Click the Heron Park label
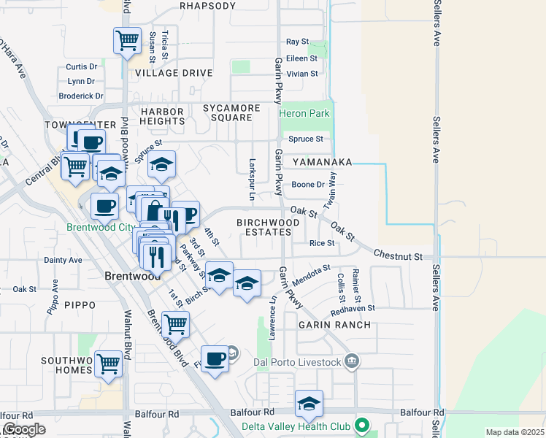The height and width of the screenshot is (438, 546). click(x=304, y=113)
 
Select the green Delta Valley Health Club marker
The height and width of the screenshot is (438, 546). click(x=361, y=424)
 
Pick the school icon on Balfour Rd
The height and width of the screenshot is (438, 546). click(x=309, y=404)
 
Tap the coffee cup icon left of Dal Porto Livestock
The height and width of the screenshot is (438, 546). click(x=215, y=359)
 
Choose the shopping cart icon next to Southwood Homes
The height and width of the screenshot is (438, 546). click(x=108, y=363)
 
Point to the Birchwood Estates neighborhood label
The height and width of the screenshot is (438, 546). click(x=264, y=226)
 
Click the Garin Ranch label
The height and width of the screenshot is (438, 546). click(x=334, y=324)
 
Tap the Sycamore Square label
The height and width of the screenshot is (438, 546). click(x=231, y=113)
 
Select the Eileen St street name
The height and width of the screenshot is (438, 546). click(x=301, y=58)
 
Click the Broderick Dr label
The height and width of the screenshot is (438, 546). click(x=81, y=96)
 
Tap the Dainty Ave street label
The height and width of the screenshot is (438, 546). click(x=64, y=259)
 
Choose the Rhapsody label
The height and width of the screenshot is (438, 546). click(x=207, y=6)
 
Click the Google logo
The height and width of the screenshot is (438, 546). click(x=24, y=430)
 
